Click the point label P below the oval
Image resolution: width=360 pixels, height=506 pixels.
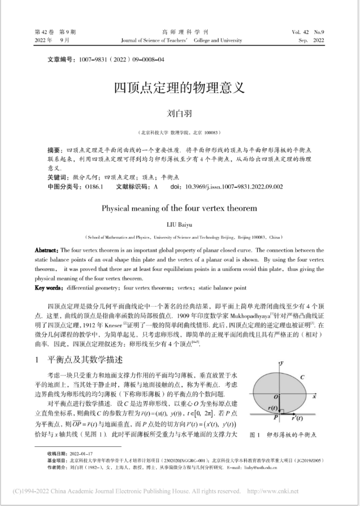tap(275, 418)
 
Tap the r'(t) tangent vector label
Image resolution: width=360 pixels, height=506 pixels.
tap(298, 419)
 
